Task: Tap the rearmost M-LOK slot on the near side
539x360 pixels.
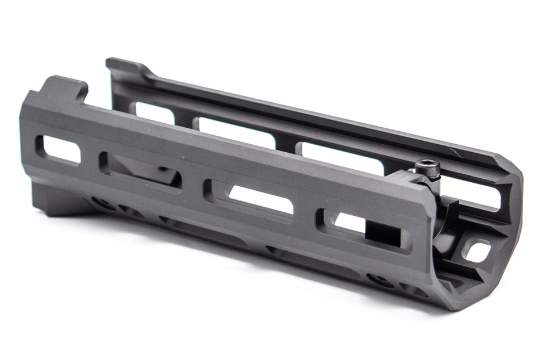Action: (x=60, y=149)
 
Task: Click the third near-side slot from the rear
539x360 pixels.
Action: (x=250, y=198)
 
